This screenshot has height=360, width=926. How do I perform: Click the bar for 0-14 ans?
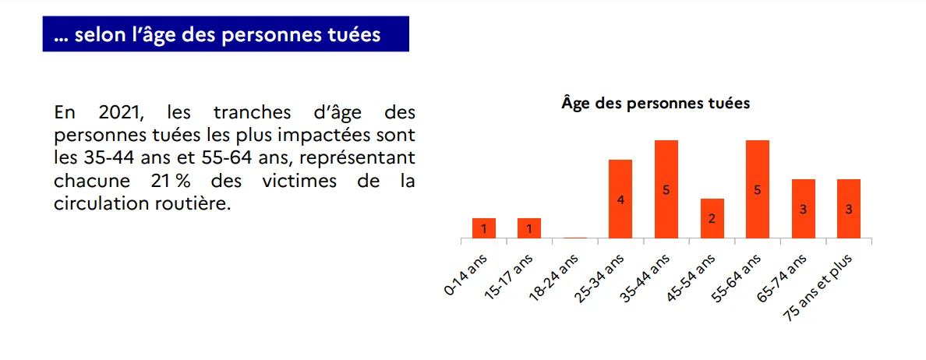484,228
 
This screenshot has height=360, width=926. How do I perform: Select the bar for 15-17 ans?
529,228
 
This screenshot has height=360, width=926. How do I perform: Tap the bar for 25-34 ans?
620,199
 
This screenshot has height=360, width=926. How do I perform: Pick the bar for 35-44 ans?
666,189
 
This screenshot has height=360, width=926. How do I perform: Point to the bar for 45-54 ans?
712,218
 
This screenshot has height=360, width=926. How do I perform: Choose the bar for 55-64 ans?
758,189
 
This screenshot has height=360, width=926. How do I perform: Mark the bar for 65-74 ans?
803,208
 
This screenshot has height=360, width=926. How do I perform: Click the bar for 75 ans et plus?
849,208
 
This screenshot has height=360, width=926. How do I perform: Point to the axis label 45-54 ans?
692,277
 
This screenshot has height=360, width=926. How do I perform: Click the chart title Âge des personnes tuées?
656,103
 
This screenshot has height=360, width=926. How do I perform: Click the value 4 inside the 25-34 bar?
620,199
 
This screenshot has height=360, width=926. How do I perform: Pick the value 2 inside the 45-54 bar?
712,219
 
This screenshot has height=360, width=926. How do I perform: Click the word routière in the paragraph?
196,205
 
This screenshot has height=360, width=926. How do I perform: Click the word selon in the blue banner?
98,35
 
